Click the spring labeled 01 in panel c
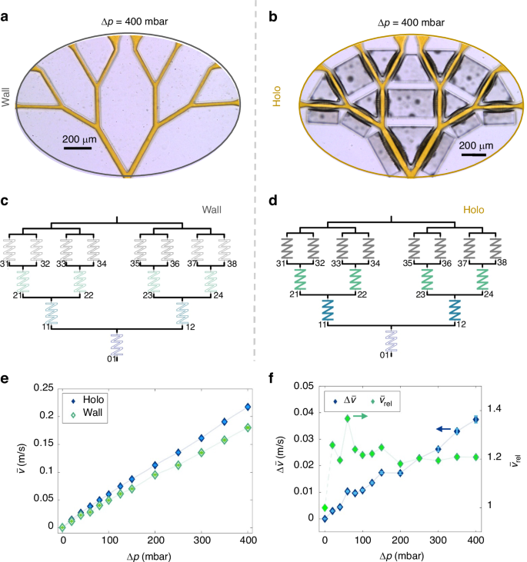[x=116, y=344]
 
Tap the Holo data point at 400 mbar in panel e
[x=247, y=407]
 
